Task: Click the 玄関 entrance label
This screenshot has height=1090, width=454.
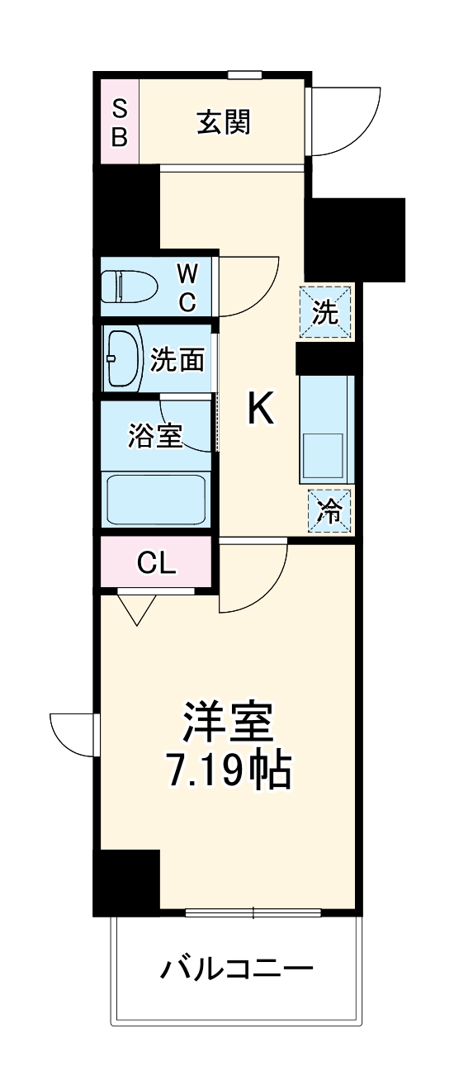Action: pos(223,122)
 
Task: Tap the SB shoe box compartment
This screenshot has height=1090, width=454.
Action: pos(120,122)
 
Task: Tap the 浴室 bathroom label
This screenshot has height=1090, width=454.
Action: pos(154,435)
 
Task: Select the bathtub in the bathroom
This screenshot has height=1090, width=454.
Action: pos(155,497)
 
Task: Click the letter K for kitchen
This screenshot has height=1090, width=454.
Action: pos(261,408)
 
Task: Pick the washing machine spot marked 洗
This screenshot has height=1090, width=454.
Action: pos(326,312)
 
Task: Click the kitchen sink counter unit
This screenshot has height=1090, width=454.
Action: pos(326,429)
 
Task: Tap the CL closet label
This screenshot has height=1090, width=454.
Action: pos(156,563)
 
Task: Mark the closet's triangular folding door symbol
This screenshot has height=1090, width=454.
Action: pos(137,609)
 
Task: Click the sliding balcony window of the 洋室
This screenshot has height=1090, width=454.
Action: pos(253,912)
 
